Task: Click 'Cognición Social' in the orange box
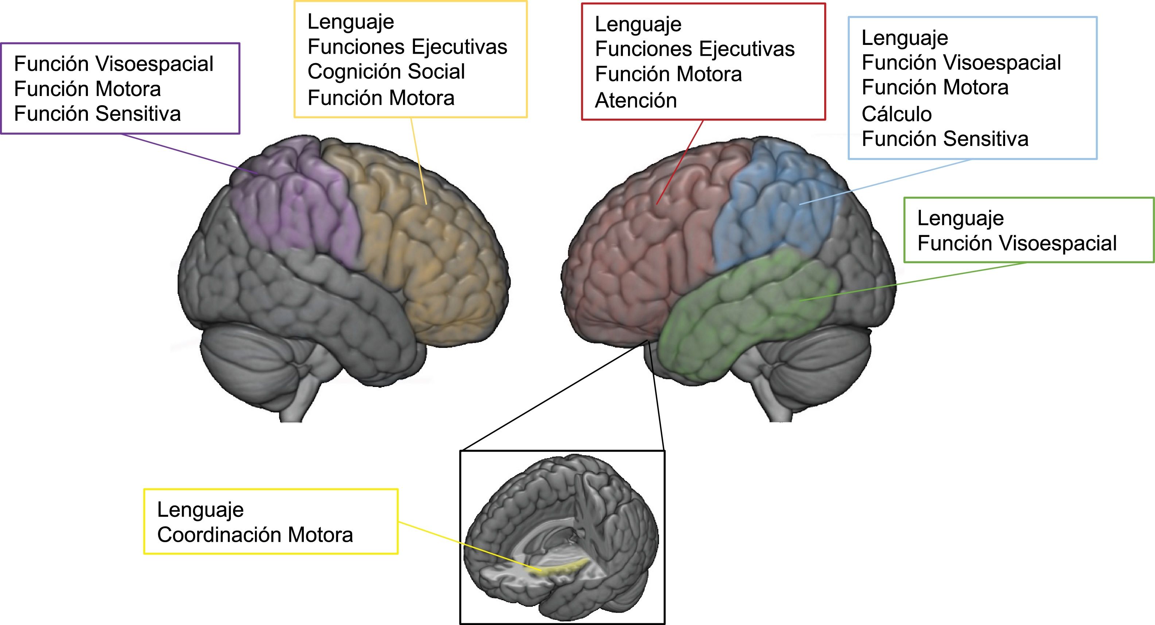386,72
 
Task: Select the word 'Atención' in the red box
635,100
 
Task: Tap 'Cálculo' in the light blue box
896,114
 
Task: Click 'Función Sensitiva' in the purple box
97,114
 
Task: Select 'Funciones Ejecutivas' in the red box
694,49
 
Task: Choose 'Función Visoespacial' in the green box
1016,243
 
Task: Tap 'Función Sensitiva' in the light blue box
945,139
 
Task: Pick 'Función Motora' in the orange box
381,98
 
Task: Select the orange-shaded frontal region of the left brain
430,251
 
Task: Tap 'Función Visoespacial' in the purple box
113,64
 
